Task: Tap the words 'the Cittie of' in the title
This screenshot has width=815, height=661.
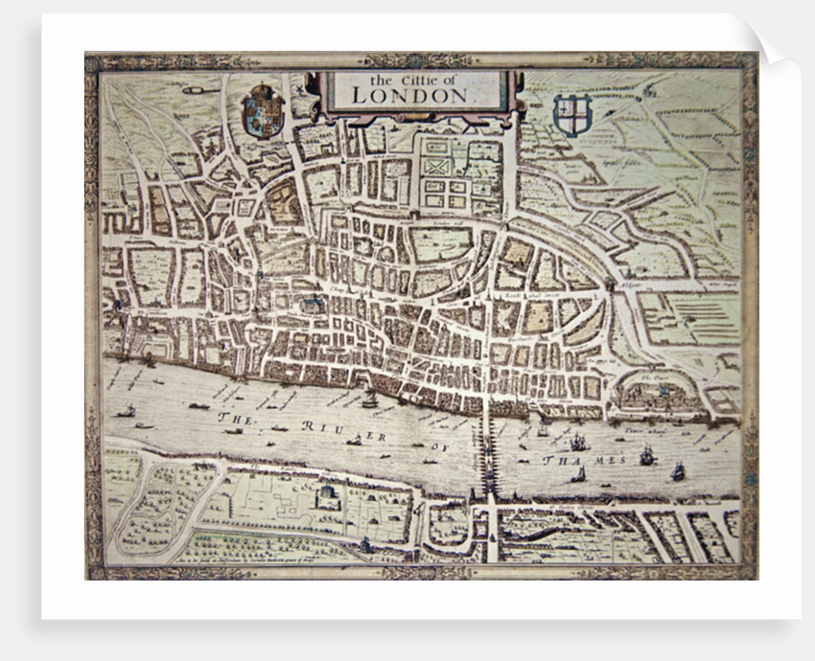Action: (409, 79)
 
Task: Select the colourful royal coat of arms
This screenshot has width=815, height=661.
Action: (262, 110)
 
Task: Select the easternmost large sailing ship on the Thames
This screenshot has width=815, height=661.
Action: (678, 470)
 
